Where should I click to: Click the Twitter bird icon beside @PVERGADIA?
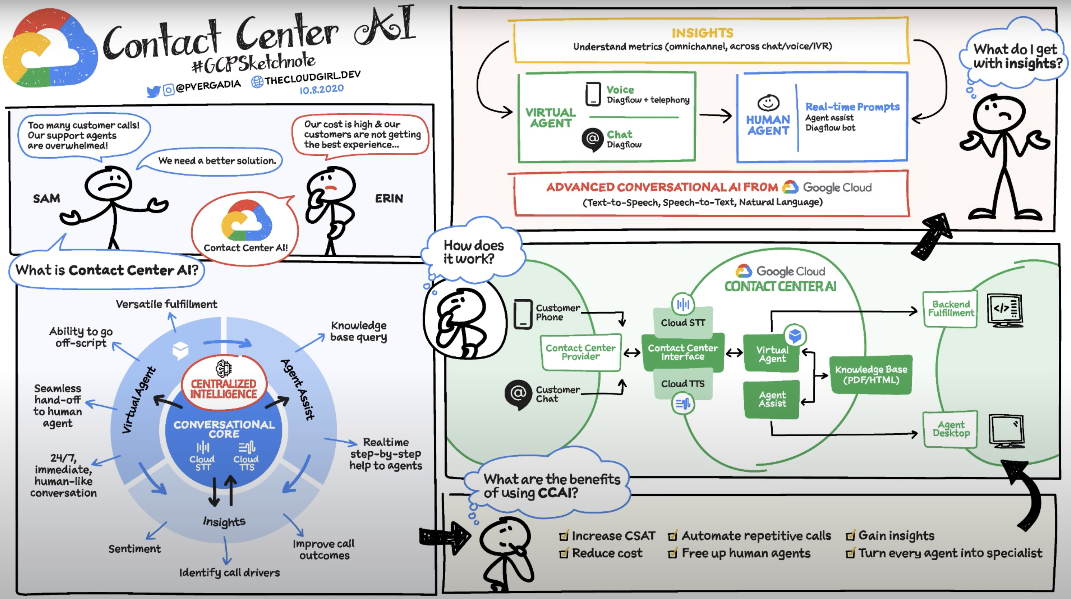coord(154,91)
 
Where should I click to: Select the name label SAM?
coord(47,198)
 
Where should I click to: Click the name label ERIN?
coord(389,198)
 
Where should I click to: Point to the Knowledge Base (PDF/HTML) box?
coord(871,374)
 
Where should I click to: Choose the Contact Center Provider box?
coord(580,352)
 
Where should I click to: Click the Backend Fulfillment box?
coord(950,309)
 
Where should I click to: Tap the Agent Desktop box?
coord(950,429)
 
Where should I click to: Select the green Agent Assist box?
coord(772,399)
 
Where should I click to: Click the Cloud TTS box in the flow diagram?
coord(683,383)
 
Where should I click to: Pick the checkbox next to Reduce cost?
coord(564,554)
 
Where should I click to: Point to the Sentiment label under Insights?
coord(134,549)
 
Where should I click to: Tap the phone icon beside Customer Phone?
coord(523,314)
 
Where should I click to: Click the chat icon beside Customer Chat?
coord(518,394)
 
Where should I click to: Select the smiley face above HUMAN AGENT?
coord(768,102)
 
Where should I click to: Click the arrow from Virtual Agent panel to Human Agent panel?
coord(715,116)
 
